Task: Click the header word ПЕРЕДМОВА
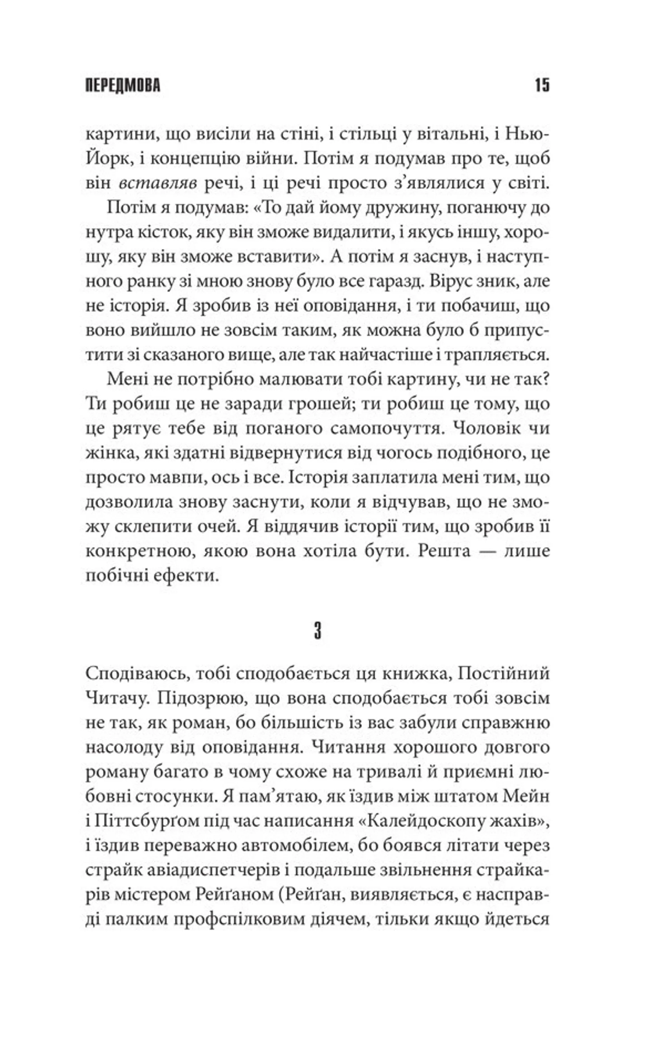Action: [123, 86]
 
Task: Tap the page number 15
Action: [542, 86]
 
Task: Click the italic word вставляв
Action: [158, 183]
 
